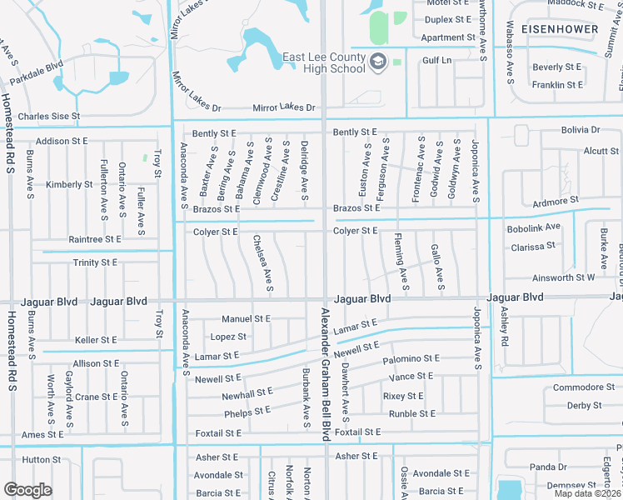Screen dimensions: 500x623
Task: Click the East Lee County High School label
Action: [x=324, y=62]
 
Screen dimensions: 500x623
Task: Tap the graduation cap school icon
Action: [x=378, y=62]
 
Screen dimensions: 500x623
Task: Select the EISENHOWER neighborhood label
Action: [x=560, y=29]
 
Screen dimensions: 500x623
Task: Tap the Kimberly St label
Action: [x=69, y=185]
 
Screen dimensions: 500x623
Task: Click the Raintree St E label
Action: [x=95, y=239]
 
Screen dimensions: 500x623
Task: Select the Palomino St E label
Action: [x=411, y=359]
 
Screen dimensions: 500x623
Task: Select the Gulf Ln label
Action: [x=436, y=60]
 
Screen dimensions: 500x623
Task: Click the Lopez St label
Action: [x=228, y=337]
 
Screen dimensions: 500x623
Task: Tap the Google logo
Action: [x=27, y=490]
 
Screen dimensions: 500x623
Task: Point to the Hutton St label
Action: [x=42, y=459]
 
